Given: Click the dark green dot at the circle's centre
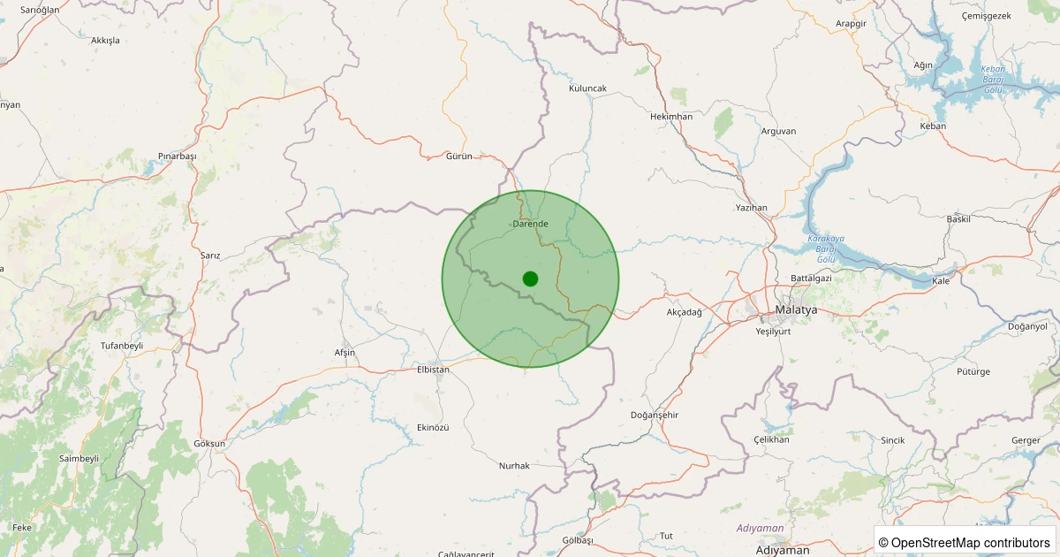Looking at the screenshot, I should [530, 278].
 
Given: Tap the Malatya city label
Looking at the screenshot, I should [795, 310].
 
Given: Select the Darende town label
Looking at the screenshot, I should [530, 224].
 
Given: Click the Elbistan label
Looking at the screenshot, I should [433, 370].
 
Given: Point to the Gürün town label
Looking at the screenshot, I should [459, 156].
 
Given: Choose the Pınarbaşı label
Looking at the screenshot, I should [177, 156].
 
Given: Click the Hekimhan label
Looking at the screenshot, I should [670, 116].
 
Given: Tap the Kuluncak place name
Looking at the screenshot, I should [587, 88].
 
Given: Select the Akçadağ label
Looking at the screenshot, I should [685, 312].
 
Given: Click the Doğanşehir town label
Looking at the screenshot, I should [654, 415].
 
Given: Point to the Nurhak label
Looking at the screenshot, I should [514, 465].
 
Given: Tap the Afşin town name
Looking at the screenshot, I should [344, 353].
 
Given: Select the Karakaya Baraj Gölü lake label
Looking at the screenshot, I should [826, 248].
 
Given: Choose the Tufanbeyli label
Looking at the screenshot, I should [122, 345].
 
